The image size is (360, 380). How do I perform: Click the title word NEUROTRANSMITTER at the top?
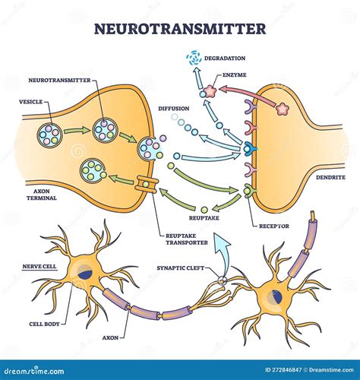[x=179, y=29]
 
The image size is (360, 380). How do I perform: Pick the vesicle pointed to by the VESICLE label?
[x=50, y=135]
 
